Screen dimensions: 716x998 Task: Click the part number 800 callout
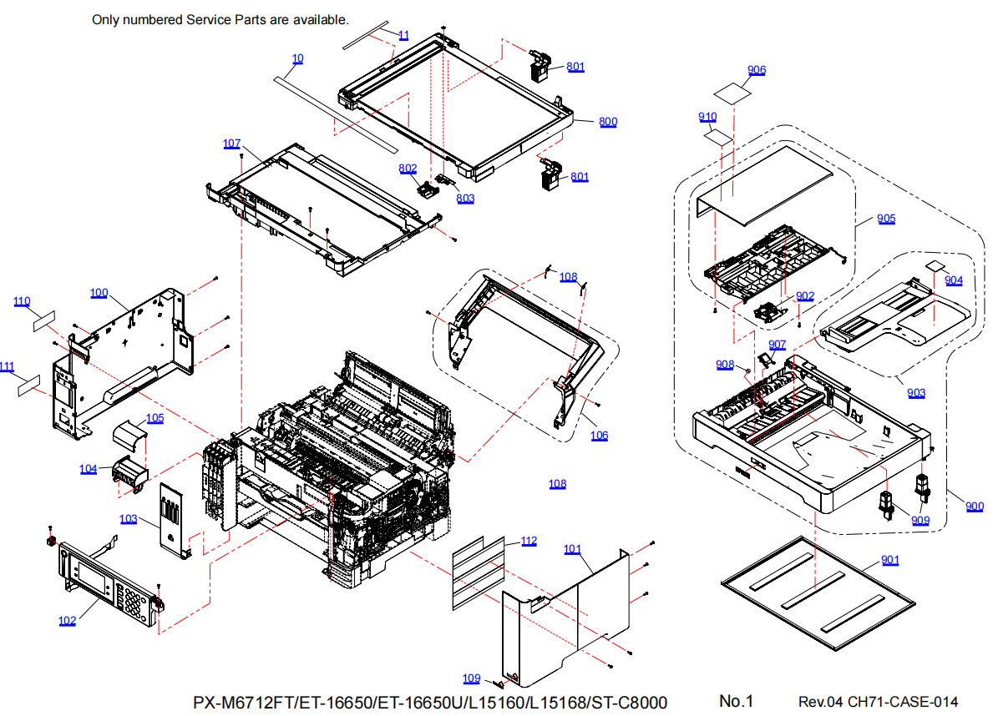point(608,122)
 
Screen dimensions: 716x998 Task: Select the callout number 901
point(890,560)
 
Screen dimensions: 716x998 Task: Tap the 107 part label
point(232,144)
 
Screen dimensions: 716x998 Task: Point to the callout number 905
point(886,219)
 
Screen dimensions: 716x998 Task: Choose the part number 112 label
point(529,541)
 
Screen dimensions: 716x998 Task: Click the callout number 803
point(465,198)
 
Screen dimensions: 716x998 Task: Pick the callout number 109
point(472,678)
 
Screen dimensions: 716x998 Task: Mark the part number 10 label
point(298,58)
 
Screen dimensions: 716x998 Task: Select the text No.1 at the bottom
point(737,701)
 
